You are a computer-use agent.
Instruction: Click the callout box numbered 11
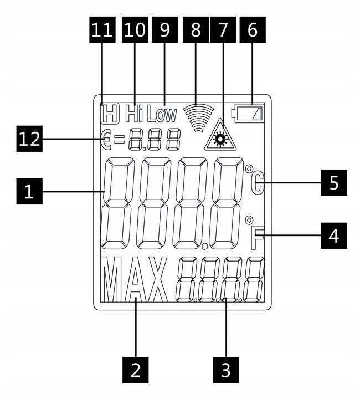[102, 29]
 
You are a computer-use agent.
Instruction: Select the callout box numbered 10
[135, 29]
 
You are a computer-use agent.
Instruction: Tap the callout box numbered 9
[164, 29]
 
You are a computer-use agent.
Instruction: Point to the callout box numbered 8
[196, 29]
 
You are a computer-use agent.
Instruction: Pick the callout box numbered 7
[223, 29]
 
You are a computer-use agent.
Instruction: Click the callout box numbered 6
[253, 29]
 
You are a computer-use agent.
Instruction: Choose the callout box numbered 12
[29, 139]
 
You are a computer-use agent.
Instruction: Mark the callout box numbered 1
[29, 191]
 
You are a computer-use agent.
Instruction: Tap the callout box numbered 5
[334, 183]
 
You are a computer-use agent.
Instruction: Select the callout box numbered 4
[334, 236]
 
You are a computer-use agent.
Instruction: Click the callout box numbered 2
[136, 370]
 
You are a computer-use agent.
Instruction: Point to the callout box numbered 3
[226, 370]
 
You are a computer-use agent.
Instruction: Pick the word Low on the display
[162, 115]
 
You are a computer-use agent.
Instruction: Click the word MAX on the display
[135, 279]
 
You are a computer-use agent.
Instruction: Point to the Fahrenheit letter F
[258, 238]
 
